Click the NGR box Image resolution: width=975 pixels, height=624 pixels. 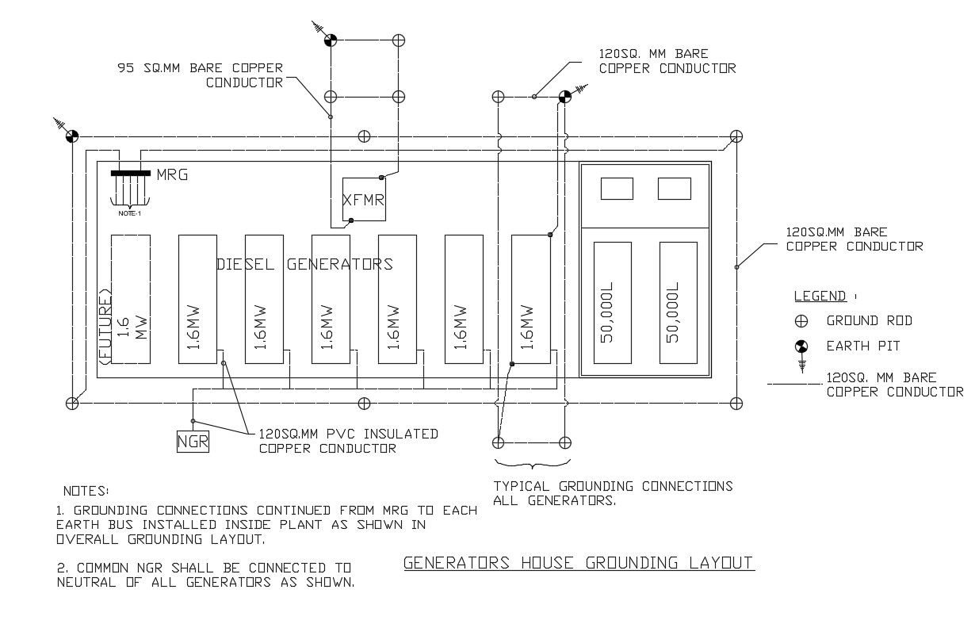pos(193,441)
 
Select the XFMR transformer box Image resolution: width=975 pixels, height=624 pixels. pos(363,200)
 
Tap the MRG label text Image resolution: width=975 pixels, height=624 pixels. pos(172,174)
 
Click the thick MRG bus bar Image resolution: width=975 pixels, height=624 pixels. pos(130,172)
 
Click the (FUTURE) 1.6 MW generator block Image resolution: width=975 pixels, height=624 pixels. pos(130,299)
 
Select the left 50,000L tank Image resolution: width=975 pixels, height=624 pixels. pos(612,303)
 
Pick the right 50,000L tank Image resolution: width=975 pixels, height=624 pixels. pos(678,303)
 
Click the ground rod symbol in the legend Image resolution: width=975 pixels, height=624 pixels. pos(801,321)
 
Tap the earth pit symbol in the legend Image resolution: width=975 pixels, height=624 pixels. pos(801,346)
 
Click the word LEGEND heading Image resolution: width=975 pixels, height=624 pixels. pos(820,297)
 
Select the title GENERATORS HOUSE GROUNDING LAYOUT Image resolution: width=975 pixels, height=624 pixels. pos(578,564)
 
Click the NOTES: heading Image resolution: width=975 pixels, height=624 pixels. pos(86,492)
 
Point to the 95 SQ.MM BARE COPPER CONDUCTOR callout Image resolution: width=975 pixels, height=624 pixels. pos(200,75)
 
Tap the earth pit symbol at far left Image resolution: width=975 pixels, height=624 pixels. pos(71,136)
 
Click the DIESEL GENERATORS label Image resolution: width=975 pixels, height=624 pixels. pos(304,264)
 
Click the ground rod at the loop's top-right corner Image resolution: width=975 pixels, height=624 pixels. pos(736,136)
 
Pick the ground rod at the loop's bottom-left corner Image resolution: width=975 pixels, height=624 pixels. pos(72,404)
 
